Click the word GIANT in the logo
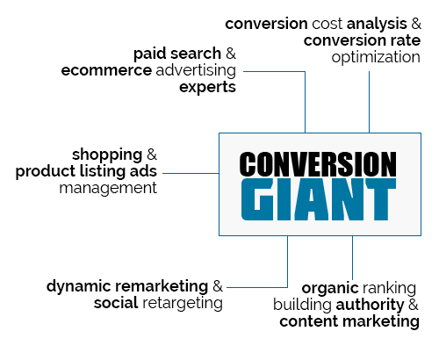click(x=319, y=199)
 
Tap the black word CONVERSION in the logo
click(x=318, y=164)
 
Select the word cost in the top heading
click(x=327, y=24)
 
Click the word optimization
click(x=376, y=57)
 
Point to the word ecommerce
click(x=106, y=70)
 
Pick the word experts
click(x=207, y=88)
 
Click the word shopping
click(x=107, y=155)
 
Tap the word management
click(x=108, y=189)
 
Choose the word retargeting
click(x=183, y=303)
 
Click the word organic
click(x=330, y=289)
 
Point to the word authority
click(x=370, y=305)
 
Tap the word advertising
click(x=196, y=70)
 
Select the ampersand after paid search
click(x=231, y=54)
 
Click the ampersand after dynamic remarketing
click(x=218, y=286)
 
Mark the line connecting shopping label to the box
click(x=191, y=173)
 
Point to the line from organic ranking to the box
click(x=352, y=258)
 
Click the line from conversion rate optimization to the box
click(x=369, y=102)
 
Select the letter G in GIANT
click(x=257, y=199)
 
